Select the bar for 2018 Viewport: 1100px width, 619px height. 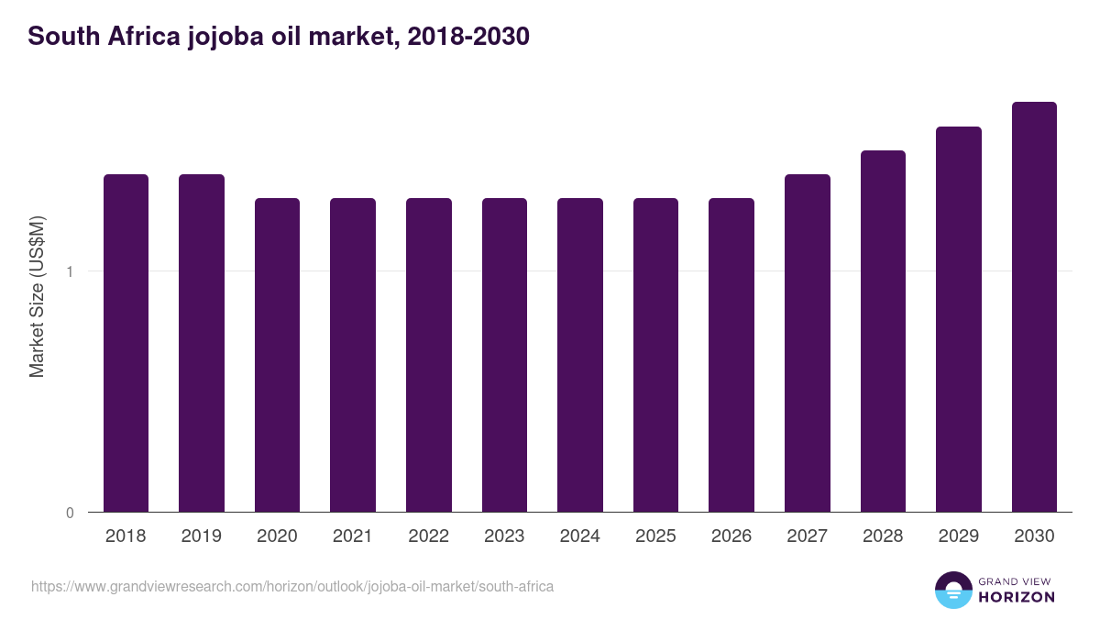[x=126, y=344]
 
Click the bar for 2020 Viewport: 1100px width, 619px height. [x=277, y=356]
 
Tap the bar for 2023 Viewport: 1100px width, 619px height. [x=504, y=356]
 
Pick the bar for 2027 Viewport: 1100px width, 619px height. [x=808, y=344]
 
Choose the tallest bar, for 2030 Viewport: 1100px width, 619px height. [x=1034, y=307]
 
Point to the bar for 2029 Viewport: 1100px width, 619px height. [x=959, y=319]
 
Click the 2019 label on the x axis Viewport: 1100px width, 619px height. [x=201, y=536]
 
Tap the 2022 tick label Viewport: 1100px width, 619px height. [x=428, y=536]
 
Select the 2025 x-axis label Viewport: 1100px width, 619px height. [x=655, y=536]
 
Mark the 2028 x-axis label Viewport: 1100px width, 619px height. [x=883, y=536]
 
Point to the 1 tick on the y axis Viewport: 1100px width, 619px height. [x=70, y=271]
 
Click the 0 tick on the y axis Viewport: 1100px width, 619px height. [x=70, y=513]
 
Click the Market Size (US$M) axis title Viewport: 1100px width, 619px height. [x=37, y=296]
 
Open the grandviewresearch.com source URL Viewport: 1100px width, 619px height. [x=292, y=586]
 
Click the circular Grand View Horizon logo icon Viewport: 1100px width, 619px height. [x=953, y=590]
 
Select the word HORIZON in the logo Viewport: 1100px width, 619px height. [x=1017, y=597]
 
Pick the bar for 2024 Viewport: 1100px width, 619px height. [x=580, y=356]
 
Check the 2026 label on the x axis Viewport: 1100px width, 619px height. [x=731, y=536]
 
